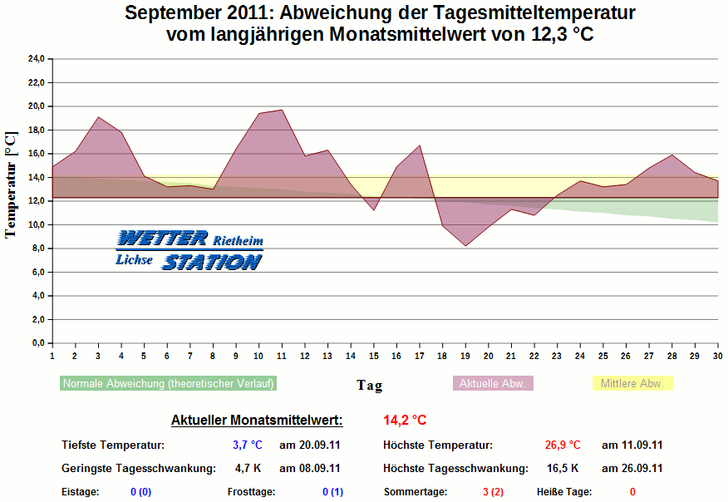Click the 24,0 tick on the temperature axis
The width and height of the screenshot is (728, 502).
[36, 59]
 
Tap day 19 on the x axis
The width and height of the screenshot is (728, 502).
[465, 356]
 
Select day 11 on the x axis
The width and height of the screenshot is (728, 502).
[282, 356]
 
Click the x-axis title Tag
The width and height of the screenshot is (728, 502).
[370, 385]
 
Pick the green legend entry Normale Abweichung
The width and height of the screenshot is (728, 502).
[169, 384]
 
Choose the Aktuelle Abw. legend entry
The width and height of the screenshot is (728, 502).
[493, 384]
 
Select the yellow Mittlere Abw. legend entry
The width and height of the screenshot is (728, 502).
[632, 384]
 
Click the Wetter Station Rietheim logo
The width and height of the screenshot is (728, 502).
[189, 250]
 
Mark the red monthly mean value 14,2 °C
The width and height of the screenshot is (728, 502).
[405, 421]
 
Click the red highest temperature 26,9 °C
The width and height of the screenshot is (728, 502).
[563, 445]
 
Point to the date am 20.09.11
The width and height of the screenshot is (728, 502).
[309, 445]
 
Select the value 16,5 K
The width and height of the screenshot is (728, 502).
[563, 469]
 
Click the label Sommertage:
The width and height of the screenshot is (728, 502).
[416, 492]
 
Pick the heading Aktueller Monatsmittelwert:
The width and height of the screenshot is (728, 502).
[256, 421]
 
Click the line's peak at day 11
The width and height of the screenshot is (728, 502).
[282, 111]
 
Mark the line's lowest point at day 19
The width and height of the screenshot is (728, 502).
[465, 246]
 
